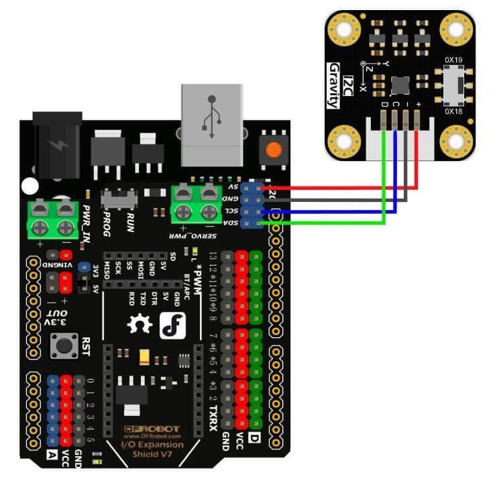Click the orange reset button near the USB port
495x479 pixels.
click(x=272, y=150)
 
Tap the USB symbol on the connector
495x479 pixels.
click(x=211, y=118)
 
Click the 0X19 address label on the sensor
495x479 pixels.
click(x=454, y=60)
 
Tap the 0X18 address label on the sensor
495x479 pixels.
click(x=454, y=111)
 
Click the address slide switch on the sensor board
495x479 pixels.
click(x=454, y=85)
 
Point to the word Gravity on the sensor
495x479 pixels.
click(x=333, y=85)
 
